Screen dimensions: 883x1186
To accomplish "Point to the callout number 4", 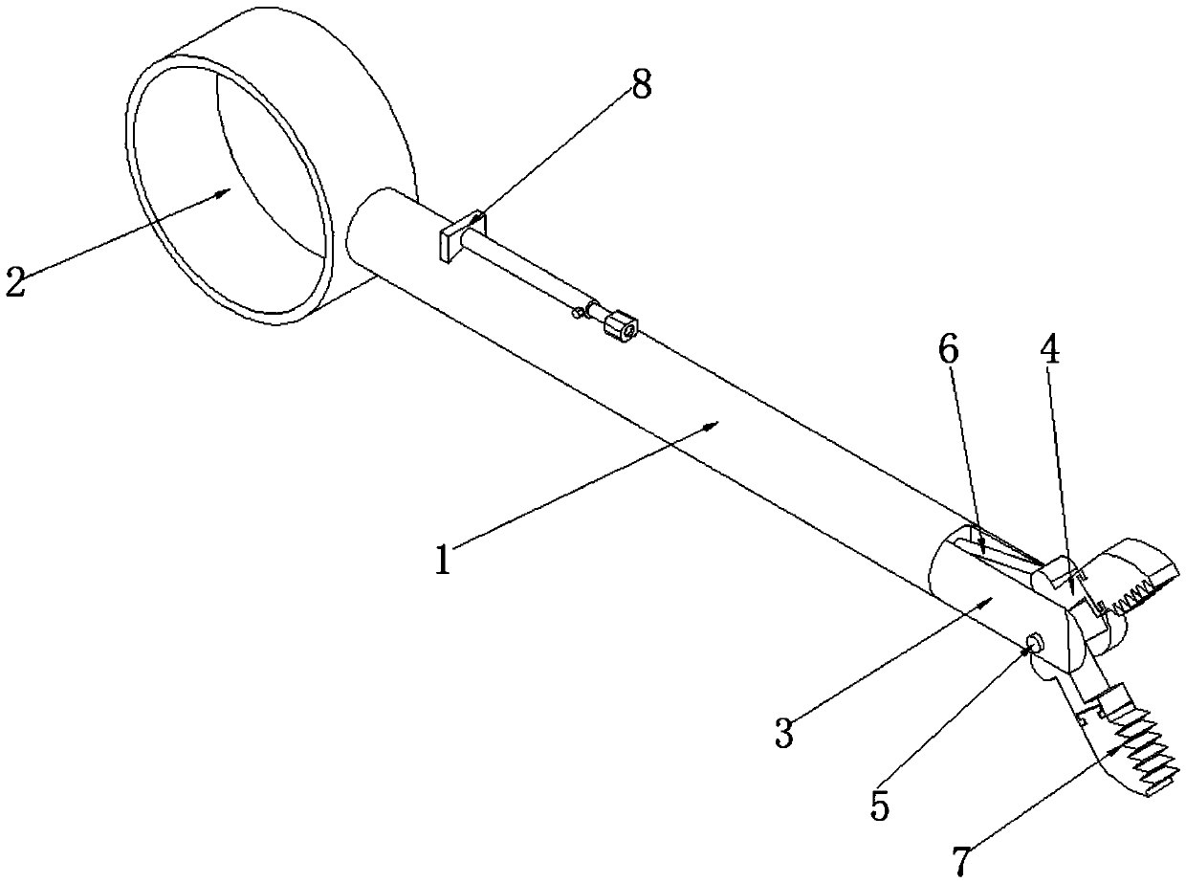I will [1050, 351].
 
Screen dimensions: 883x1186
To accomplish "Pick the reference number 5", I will [879, 806].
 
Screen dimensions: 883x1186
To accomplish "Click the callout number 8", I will [641, 85].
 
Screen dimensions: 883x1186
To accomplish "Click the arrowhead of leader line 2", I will [230, 189].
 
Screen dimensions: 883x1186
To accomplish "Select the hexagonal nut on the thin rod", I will [622, 326].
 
